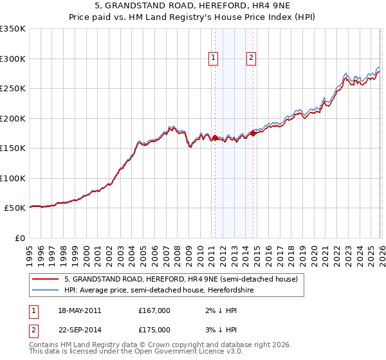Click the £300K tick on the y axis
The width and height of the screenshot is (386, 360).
tap(13, 59)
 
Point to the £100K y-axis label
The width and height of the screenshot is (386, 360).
tap(13, 178)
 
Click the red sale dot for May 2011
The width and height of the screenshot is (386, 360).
tap(215, 138)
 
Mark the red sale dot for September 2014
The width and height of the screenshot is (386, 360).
tap(253, 133)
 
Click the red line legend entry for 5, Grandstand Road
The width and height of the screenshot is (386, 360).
tap(181, 279)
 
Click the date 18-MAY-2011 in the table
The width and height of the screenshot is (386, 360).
tap(80, 310)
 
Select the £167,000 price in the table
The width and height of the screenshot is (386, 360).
tap(154, 310)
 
